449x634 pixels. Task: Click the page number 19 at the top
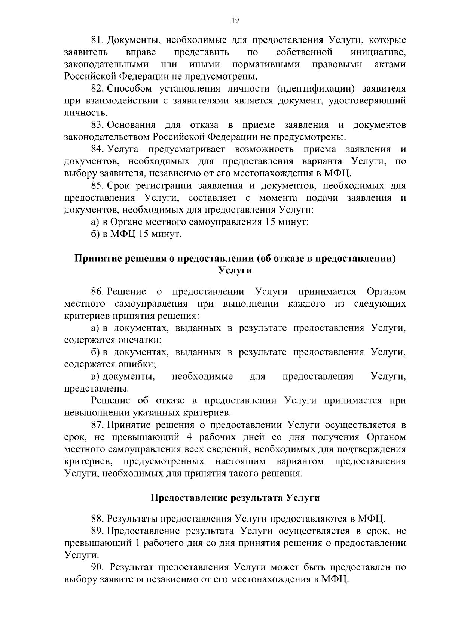235,21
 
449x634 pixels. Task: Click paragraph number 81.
98,40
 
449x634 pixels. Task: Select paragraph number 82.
98,89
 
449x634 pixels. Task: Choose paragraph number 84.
98,149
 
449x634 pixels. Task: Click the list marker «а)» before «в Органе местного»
95,222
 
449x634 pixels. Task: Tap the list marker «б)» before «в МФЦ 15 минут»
95,234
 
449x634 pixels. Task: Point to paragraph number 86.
98,291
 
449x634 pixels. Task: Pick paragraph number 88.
98,519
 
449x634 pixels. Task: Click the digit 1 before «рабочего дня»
137,543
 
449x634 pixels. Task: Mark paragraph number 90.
98,567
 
